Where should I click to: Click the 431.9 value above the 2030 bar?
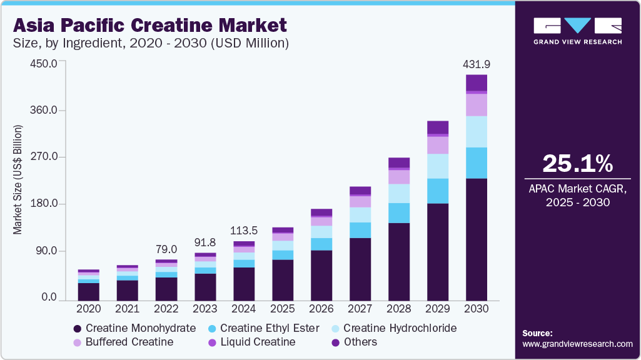click(476, 64)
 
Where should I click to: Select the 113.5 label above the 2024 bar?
click(244, 230)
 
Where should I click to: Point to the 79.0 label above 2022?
click(166, 249)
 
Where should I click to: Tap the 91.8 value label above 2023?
click(205, 242)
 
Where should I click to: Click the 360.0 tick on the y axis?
click(45, 111)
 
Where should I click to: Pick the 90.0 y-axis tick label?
click(48, 251)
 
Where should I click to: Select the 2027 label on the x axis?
click(360, 309)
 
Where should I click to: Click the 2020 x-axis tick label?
click(88, 309)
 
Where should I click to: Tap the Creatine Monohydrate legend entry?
click(134, 328)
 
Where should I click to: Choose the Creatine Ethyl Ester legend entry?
click(263, 328)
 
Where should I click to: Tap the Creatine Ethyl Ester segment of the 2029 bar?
click(438, 191)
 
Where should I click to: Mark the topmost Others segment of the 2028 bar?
click(399, 162)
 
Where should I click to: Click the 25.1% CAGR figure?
click(577, 164)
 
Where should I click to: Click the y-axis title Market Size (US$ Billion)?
click(18, 180)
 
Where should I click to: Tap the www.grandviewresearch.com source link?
click(577, 344)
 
